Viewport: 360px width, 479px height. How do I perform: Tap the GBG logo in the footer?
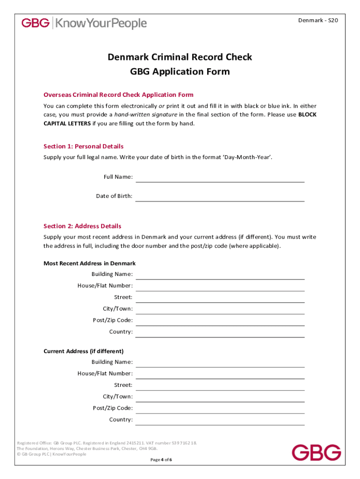click(317, 452)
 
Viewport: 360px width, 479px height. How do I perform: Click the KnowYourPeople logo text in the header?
click(101, 23)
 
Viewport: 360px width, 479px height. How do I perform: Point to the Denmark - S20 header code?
click(318, 21)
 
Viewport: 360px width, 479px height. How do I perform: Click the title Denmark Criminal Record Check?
click(180, 57)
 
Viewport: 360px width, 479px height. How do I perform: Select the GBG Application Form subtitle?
click(180, 72)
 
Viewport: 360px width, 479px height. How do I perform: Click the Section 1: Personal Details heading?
click(83, 146)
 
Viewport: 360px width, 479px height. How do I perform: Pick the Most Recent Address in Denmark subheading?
click(89, 263)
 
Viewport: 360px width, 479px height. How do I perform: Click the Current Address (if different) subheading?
click(83, 351)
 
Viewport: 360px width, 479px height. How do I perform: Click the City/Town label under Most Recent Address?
click(118, 309)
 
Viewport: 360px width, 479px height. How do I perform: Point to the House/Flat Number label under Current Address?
click(105, 374)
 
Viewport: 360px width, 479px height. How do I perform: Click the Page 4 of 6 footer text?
click(161, 460)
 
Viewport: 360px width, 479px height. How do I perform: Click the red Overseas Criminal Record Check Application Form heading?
click(118, 94)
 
